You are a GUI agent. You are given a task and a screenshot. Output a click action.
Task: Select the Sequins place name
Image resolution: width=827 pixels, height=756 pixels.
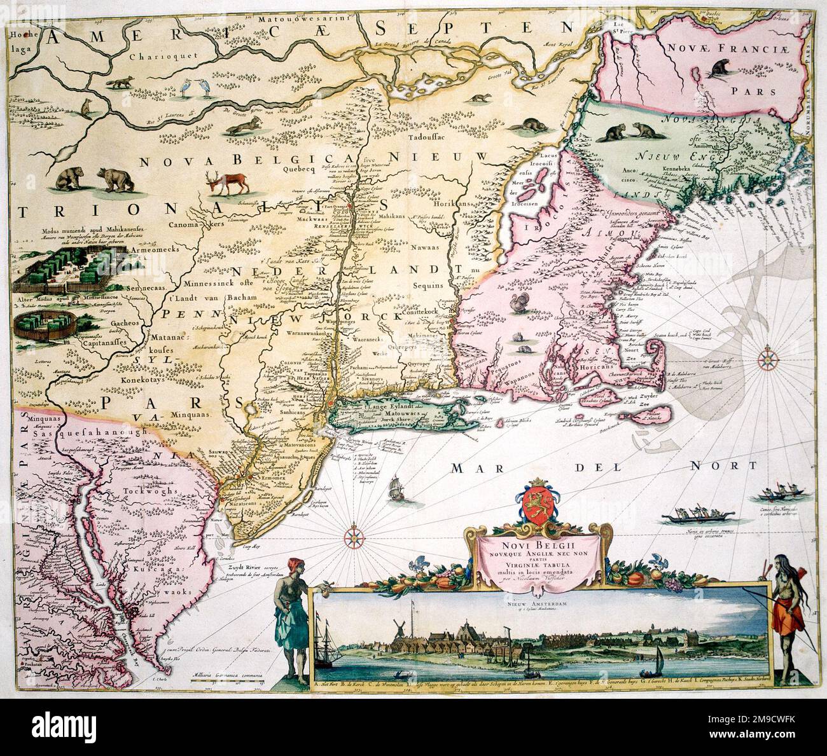point(426,285)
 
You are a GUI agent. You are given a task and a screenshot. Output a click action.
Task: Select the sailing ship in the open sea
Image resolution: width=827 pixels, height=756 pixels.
point(395,490)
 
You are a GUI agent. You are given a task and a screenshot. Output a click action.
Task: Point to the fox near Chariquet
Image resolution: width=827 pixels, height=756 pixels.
point(134,84)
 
